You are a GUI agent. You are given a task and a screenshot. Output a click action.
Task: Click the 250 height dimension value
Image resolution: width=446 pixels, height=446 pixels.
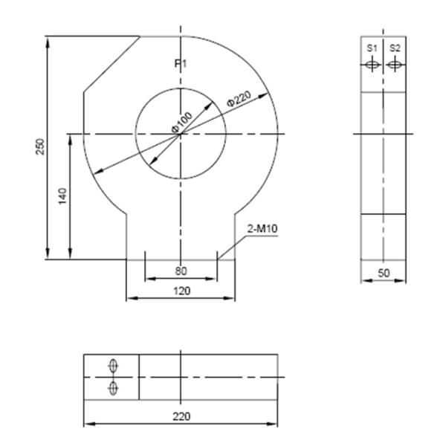[x=40, y=146]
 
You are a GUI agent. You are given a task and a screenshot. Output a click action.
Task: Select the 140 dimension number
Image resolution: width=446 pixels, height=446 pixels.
[x=62, y=196]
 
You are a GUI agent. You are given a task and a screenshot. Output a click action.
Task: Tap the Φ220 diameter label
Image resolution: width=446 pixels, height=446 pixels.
[x=239, y=98]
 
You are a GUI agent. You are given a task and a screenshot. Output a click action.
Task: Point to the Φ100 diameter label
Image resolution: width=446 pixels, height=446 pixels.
[x=182, y=123]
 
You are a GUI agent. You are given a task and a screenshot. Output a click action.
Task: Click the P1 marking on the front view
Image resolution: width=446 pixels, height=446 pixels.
[x=181, y=64]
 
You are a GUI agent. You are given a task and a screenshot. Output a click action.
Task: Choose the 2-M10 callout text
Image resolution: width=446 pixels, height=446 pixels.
[x=262, y=229]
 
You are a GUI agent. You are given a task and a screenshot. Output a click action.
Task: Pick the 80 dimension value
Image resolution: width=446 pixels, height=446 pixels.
[x=181, y=271]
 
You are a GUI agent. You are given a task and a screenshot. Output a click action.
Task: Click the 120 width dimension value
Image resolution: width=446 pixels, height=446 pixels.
[x=182, y=291]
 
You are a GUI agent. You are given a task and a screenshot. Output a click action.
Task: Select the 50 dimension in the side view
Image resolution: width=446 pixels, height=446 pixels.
[x=384, y=273]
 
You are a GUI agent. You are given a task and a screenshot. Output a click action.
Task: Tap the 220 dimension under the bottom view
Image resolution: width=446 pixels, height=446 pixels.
[x=181, y=416]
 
